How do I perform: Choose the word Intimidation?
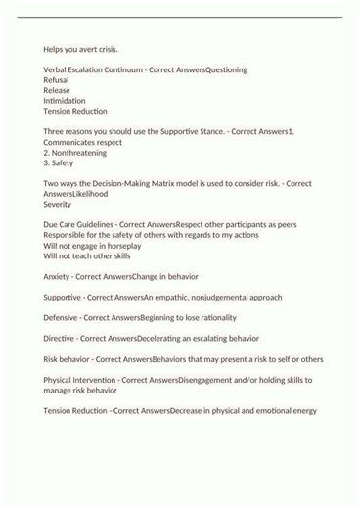[x=65, y=101]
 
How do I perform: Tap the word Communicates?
[x=71, y=142]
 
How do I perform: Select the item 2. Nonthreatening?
[x=77, y=153]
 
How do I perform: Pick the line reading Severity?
[x=58, y=205]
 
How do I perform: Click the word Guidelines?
[x=91, y=224]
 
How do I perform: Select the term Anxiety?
[x=57, y=276]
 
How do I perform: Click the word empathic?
[x=176, y=297]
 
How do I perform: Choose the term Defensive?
[x=63, y=317]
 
